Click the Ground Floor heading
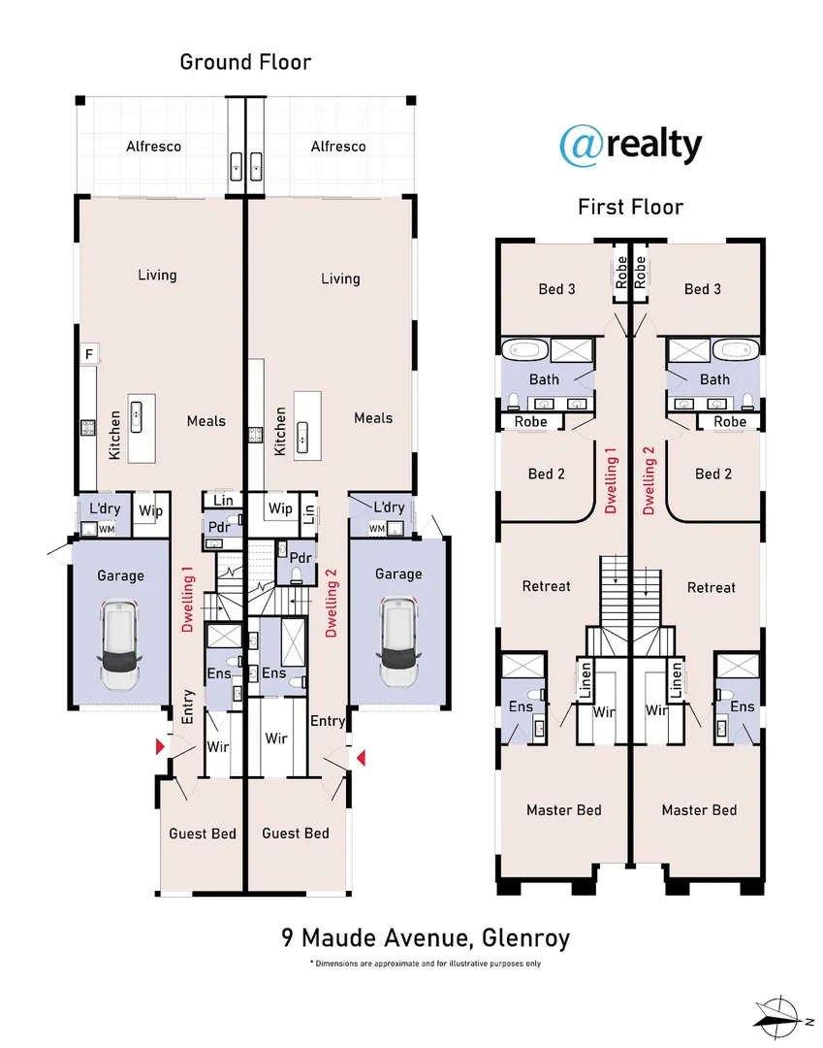pos(245,62)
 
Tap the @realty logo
pos(630,145)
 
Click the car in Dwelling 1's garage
pos(119,644)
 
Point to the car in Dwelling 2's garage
pos(397,641)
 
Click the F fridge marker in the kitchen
pos(89,353)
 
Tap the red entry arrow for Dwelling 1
pos(160,746)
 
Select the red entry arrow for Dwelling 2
pos(362,758)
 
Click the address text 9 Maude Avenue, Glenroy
pos(426,937)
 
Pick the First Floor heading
pos(630,208)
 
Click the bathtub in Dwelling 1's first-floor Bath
pos(524,349)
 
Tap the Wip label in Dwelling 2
pos(280,508)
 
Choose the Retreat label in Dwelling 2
pos(711,587)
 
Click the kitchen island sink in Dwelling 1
pos(136,417)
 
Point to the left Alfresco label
pos(153,147)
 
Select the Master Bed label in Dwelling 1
pos(563,810)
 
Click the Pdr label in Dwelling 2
pos(301,557)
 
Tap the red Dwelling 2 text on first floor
pos(649,480)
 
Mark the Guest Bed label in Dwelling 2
pos(295,834)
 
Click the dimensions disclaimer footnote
pos(426,964)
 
